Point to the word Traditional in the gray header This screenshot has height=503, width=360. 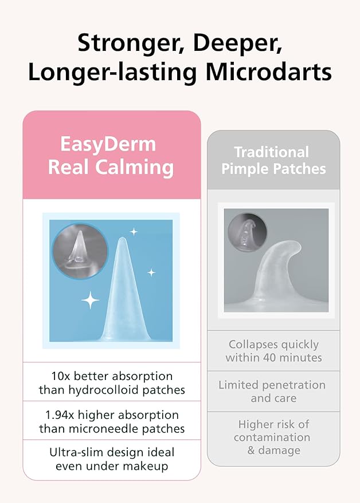pyautogui.click(x=272, y=152)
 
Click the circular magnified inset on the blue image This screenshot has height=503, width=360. pyautogui.click(x=80, y=251)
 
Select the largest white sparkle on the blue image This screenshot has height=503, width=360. pyautogui.click(x=90, y=299)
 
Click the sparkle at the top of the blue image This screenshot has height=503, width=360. pyautogui.click(x=134, y=232)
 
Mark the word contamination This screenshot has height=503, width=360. pyautogui.click(x=272, y=437)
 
